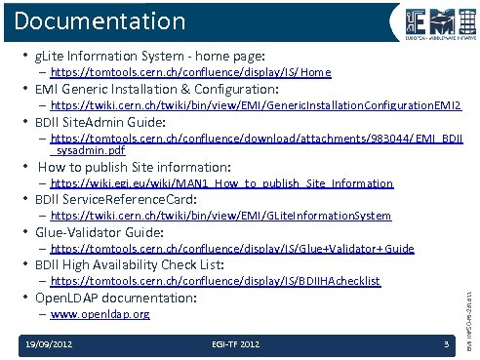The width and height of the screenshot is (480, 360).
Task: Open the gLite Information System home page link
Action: (190, 73)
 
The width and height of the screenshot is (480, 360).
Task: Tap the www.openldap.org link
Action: (100, 315)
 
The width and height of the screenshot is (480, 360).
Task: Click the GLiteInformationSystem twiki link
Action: (220, 216)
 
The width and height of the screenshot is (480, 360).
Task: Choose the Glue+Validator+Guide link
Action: (232, 249)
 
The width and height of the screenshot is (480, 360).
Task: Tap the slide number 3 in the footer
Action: (445, 344)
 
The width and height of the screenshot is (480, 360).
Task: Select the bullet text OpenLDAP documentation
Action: (116, 298)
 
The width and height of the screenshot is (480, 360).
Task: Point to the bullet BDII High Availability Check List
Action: (130, 264)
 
